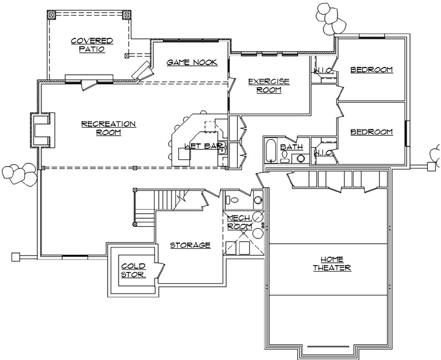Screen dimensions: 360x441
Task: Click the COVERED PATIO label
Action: [x=91, y=45]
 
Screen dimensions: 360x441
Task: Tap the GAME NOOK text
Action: [x=189, y=62]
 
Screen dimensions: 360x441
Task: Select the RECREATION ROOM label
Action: [x=108, y=128]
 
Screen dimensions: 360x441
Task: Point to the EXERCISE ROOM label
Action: [x=268, y=85]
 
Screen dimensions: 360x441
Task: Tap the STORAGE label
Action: [x=190, y=245]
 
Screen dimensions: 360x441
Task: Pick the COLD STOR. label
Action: [x=133, y=270]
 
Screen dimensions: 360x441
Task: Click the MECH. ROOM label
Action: [x=239, y=222]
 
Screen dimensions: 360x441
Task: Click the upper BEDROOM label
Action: [x=371, y=70]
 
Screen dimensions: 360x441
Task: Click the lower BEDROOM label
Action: [x=371, y=132]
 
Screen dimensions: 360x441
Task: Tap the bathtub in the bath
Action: [x=271, y=151]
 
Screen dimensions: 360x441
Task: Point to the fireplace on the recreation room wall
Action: [x=43, y=130]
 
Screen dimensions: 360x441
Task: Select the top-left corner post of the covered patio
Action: [x=50, y=14]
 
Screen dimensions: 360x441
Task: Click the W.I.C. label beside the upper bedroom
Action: [x=322, y=71]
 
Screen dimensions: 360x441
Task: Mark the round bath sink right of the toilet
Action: [x=300, y=159]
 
